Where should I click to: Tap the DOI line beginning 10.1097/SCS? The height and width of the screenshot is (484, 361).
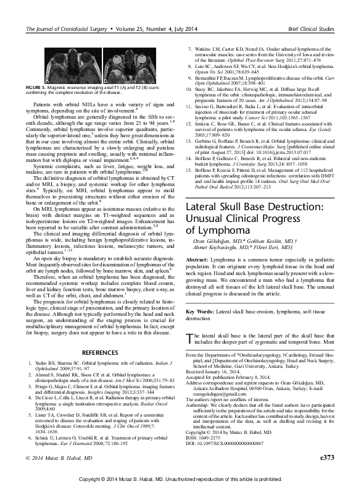click(228, 444)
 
